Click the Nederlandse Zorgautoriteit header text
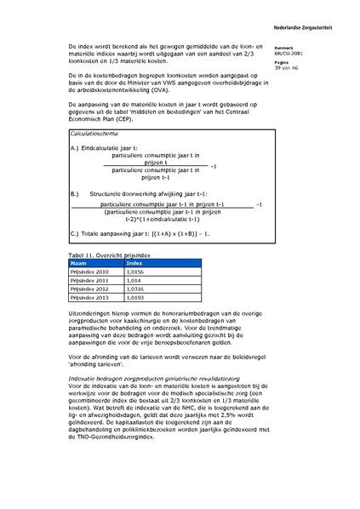(x=318, y=19)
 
